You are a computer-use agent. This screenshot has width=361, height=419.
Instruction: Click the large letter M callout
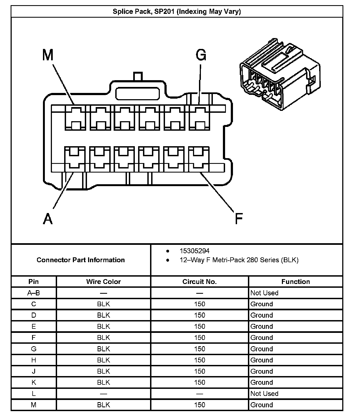click(x=48, y=55)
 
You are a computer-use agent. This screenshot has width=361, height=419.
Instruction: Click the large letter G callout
click(x=201, y=55)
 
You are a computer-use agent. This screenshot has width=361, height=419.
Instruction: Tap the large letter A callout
click(x=48, y=218)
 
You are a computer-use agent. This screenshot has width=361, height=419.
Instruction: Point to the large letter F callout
click(x=238, y=218)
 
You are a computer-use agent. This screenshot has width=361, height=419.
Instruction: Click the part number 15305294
click(x=194, y=251)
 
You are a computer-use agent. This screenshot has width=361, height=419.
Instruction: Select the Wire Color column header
click(x=103, y=282)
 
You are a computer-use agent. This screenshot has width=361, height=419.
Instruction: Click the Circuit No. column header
click(x=199, y=282)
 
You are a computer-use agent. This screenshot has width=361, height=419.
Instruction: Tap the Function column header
click(x=295, y=282)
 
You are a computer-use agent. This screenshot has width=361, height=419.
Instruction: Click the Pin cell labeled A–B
click(x=34, y=293)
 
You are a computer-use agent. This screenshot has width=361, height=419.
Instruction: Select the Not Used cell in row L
click(x=264, y=393)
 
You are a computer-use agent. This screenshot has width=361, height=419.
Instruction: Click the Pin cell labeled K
click(x=34, y=382)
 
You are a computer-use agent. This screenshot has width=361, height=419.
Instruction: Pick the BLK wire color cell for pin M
click(x=103, y=405)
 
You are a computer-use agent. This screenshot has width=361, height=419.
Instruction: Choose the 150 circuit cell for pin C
click(x=199, y=304)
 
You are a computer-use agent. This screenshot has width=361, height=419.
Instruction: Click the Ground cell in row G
click(x=262, y=349)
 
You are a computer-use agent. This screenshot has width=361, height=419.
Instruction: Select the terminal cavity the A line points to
click(x=75, y=159)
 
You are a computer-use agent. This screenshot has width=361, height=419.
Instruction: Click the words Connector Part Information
click(x=80, y=260)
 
